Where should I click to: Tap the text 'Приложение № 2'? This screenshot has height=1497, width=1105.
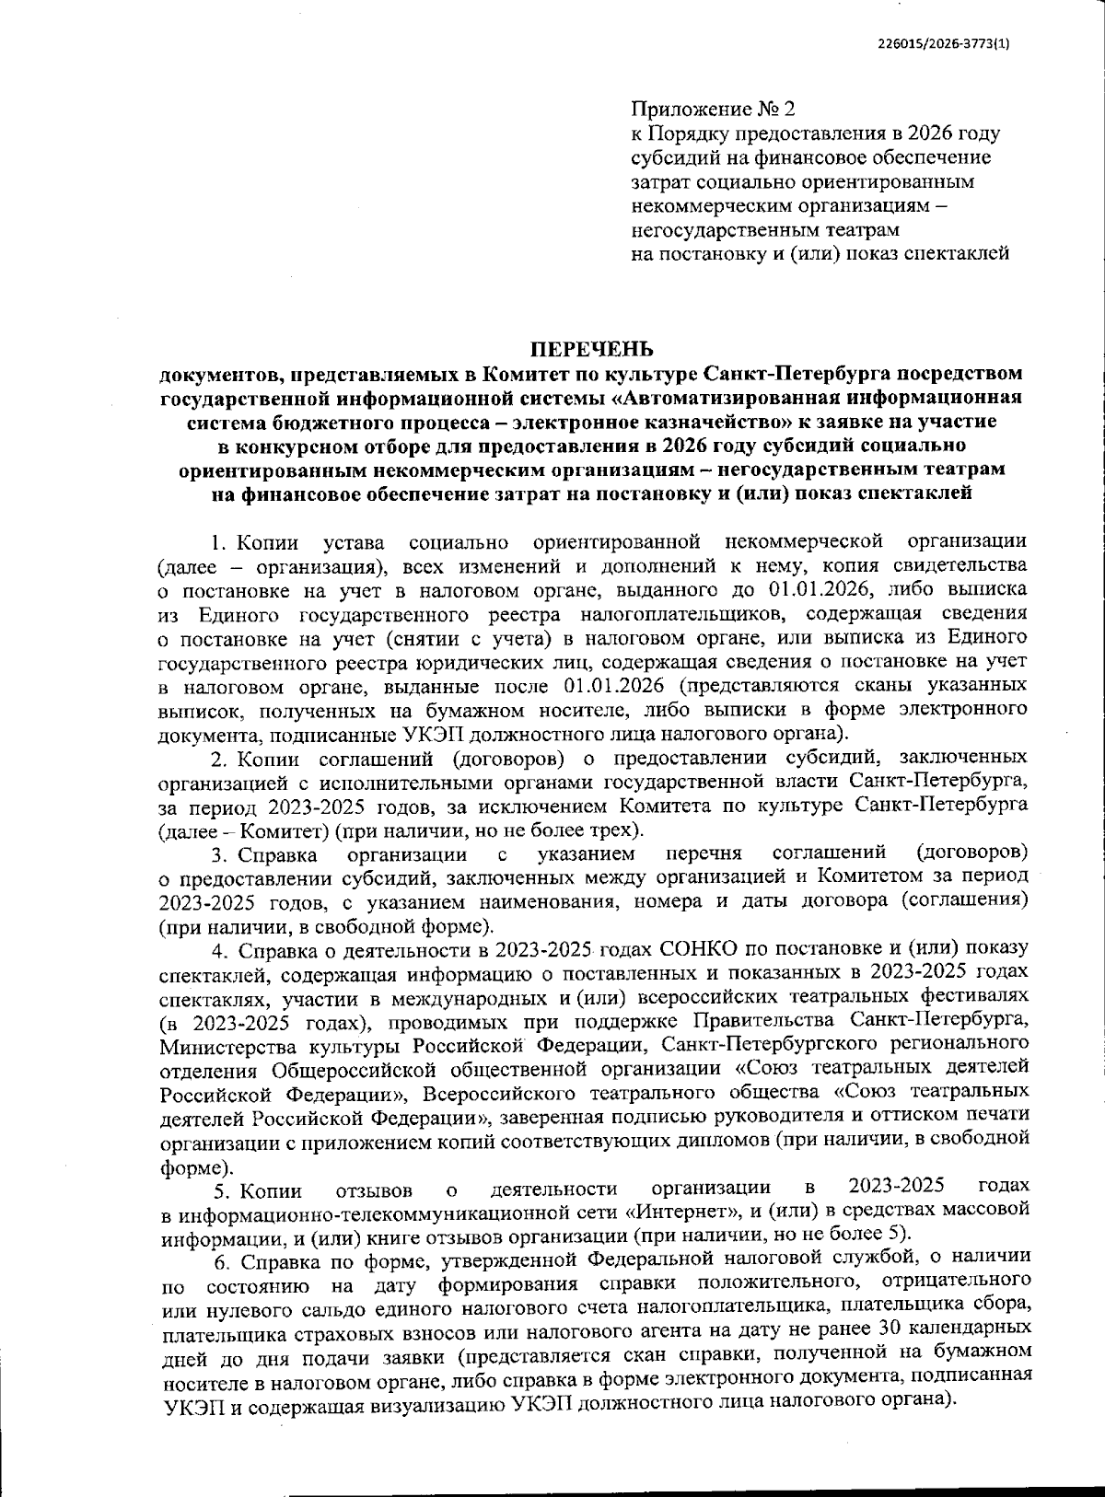point(712,110)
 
